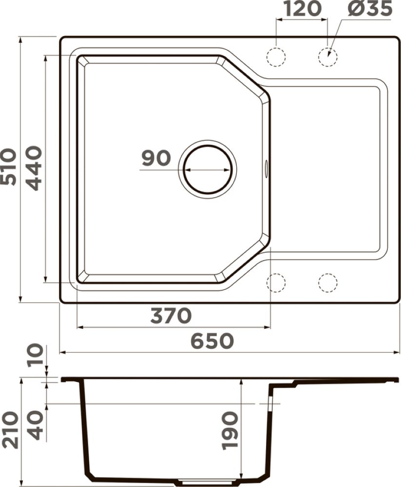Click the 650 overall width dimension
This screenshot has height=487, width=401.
[211, 341]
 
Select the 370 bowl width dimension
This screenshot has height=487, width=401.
[171, 316]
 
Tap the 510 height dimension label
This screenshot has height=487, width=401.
[9, 167]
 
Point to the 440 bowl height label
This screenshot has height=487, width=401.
[33, 168]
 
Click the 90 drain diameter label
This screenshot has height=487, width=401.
[156, 158]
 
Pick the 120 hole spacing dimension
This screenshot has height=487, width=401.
[303, 8]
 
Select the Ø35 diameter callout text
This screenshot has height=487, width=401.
[370, 8]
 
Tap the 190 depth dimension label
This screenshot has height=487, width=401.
[230, 431]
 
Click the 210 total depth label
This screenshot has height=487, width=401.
[9, 430]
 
